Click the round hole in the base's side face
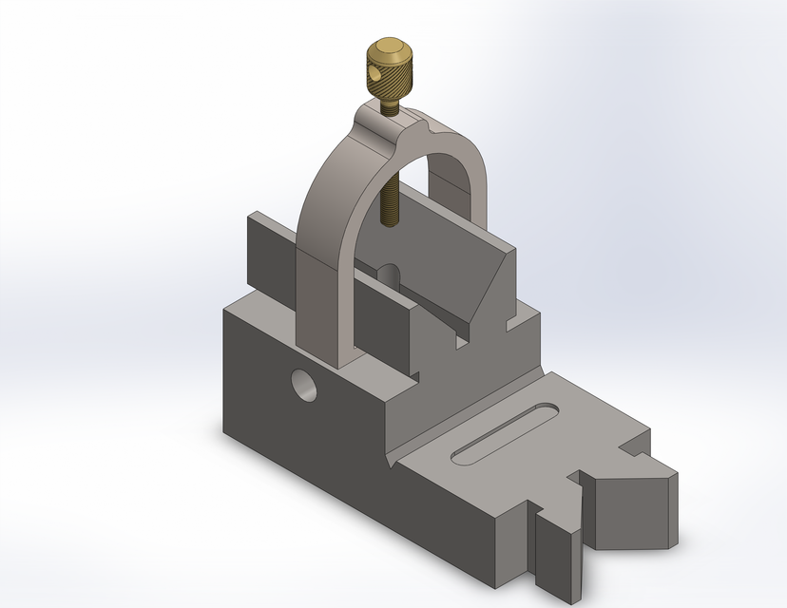[x=304, y=385]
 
